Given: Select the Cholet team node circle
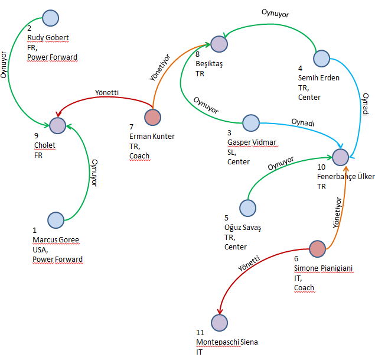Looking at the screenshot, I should [57, 125].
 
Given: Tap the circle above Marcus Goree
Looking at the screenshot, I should [56, 220].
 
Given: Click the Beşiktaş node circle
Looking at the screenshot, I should [219, 44].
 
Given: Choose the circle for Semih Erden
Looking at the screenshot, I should [321, 58].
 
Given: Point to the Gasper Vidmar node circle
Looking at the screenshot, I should [252, 124].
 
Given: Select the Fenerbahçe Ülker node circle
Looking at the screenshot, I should [340, 157].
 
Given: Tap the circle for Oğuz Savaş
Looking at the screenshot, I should [248, 207].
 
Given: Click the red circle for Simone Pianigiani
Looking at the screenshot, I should [317, 249].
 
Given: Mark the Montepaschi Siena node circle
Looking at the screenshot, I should [219, 323].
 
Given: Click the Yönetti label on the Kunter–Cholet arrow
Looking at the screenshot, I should [107, 92].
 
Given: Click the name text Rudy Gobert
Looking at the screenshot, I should [48, 38].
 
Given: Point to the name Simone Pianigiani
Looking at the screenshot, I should [323, 268].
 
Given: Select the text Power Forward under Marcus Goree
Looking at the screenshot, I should [58, 259].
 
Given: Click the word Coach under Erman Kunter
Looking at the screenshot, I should [139, 156].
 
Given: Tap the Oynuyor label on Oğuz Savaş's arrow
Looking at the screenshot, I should [281, 164].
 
